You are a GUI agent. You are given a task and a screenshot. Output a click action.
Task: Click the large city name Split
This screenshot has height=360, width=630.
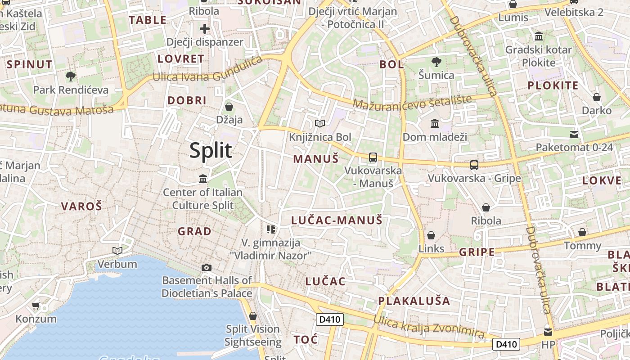pos(211,150)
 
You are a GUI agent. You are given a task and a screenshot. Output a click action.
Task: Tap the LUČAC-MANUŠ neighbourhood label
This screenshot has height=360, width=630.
pos(337,220)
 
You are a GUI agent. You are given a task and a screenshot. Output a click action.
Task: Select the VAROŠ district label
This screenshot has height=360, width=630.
pos(81,207)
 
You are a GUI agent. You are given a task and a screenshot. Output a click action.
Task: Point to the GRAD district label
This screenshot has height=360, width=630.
pos(194,231)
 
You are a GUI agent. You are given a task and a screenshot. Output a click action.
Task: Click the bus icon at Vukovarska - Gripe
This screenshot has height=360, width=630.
pos(474,165)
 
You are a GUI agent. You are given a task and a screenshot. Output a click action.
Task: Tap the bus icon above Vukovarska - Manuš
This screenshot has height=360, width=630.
pos(373,157)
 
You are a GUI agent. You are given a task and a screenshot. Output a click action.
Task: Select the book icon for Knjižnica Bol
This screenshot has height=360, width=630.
pos(320,123)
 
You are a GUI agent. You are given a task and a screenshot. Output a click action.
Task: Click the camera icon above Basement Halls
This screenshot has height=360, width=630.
pos(207,268)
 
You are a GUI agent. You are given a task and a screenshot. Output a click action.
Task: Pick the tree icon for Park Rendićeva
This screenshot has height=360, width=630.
pos(71,76)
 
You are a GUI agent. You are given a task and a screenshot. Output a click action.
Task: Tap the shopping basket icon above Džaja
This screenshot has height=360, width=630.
pos(229,107)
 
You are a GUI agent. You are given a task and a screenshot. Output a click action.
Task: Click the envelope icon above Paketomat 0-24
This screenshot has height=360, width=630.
pos(574,134)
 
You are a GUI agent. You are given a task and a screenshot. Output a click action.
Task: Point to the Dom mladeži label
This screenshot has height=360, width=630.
pos(435,137)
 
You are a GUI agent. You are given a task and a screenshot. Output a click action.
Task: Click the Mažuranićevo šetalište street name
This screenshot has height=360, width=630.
pos(412,102)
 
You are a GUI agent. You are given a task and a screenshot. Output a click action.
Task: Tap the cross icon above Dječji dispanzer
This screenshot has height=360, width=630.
pos(205,29)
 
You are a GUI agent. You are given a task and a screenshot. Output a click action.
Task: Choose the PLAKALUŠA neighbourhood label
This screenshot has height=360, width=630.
pos(414,301)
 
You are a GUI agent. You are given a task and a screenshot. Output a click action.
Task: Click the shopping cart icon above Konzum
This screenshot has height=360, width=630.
pos(36,306)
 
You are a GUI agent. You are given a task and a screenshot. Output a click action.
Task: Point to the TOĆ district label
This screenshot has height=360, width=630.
pos(306,339)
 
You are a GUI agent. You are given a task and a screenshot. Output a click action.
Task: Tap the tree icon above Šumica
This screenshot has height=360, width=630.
pos(436,62)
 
